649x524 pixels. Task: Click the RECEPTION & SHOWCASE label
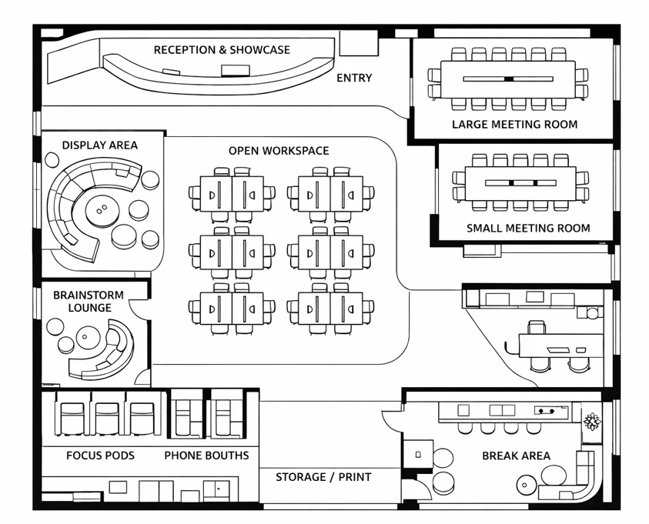[x=222, y=50]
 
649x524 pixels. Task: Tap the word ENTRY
[x=354, y=78]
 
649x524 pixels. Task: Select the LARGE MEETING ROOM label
[x=514, y=124]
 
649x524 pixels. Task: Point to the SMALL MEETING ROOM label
[x=528, y=228]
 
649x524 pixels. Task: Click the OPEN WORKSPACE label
[x=279, y=151]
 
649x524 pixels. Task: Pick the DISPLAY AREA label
[x=100, y=145]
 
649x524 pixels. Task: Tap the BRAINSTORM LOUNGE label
[x=82, y=302]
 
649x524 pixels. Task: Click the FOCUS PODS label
[x=100, y=456]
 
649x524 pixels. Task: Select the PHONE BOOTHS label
[x=206, y=456]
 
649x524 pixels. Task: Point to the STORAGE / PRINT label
[x=323, y=477]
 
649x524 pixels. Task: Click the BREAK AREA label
[x=516, y=456]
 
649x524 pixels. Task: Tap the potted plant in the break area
[x=591, y=421]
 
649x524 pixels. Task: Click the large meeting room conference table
[x=508, y=79]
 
